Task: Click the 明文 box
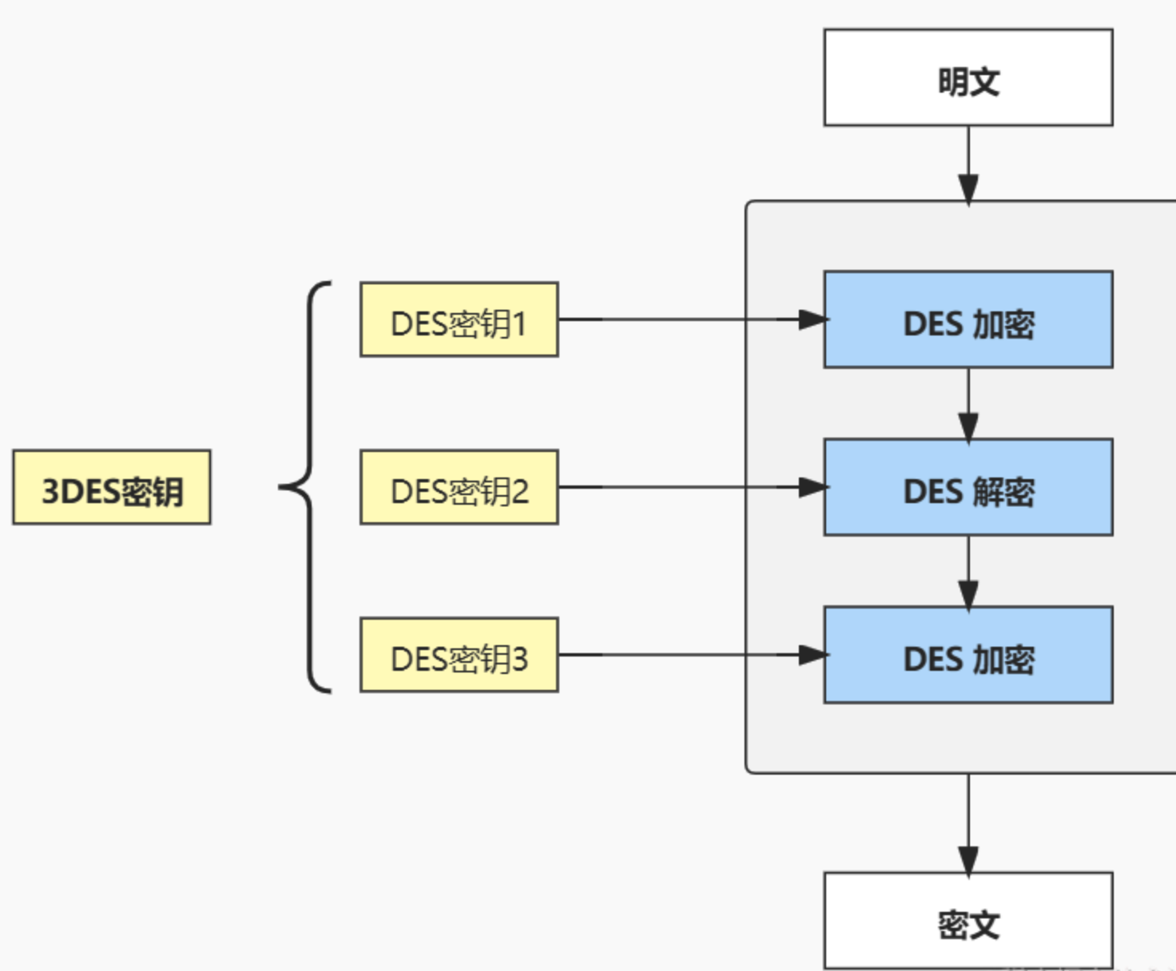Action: pyautogui.click(x=967, y=77)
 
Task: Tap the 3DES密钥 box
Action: pyautogui.click(x=112, y=487)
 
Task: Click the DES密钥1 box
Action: pyautogui.click(x=459, y=319)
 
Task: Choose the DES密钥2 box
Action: pyautogui.click(x=459, y=487)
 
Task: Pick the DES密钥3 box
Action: pyautogui.click(x=459, y=655)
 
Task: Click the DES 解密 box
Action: pyautogui.click(x=967, y=487)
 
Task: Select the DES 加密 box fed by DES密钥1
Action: pyautogui.click(x=967, y=319)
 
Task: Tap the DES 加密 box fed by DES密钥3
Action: pyautogui.click(x=967, y=655)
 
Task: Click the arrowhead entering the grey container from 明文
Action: pyautogui.click(x=968, y=190)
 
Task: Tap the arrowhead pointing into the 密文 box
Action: pyautogui.click(x=968, y=861)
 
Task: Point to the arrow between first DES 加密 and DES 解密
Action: pyautogui.click(x=968, y=403)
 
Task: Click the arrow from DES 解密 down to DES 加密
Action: pyautogui.click(x=968, y=570)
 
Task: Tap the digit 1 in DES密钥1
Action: pyautogui.click(x=519, y=325)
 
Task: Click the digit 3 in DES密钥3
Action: pyautogui.click(x=519, y=660)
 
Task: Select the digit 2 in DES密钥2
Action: pyautogui.click(x=519, y=492)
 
